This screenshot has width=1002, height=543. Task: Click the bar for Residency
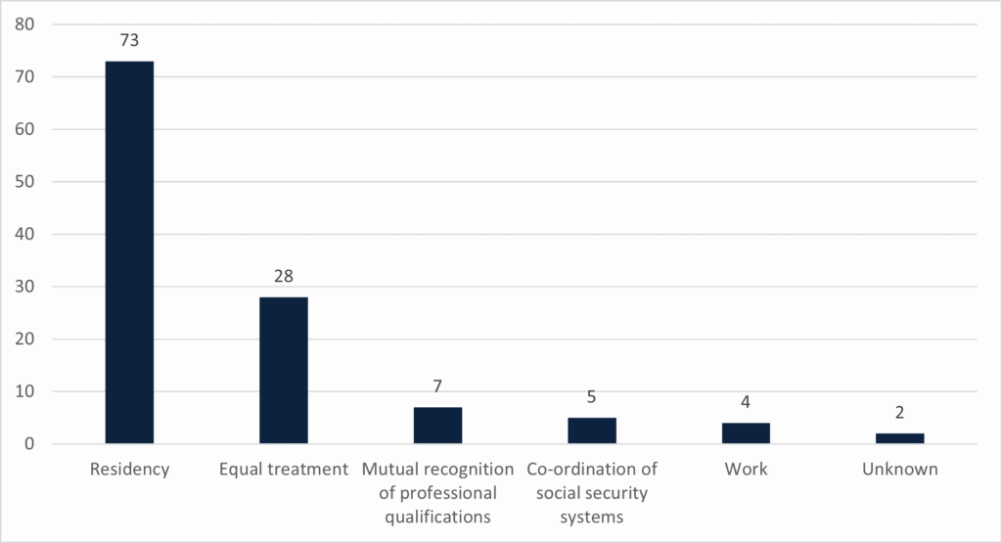point(129,252)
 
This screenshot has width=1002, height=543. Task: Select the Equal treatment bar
point(284,370)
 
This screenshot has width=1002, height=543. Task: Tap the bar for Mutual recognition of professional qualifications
point(437,426)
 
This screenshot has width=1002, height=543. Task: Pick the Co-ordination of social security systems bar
point(592,430)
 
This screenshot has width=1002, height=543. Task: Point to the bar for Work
point(746,433)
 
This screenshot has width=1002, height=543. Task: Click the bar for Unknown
point(900,438)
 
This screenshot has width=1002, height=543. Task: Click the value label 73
point(129,41)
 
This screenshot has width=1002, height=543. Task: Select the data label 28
point(284,277)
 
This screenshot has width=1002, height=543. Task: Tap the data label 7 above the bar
point(437,387)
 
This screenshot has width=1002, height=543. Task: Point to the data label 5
point(592,398)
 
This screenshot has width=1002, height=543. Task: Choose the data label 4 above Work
point(746,403)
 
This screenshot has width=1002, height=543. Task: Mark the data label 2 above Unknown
point(900,414)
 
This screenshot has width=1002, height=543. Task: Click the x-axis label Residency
point(129,470)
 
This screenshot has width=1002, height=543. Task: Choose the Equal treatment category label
point(284,470)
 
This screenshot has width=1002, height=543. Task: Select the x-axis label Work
point(746,470)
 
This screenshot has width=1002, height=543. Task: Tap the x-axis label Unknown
point(900,470)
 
